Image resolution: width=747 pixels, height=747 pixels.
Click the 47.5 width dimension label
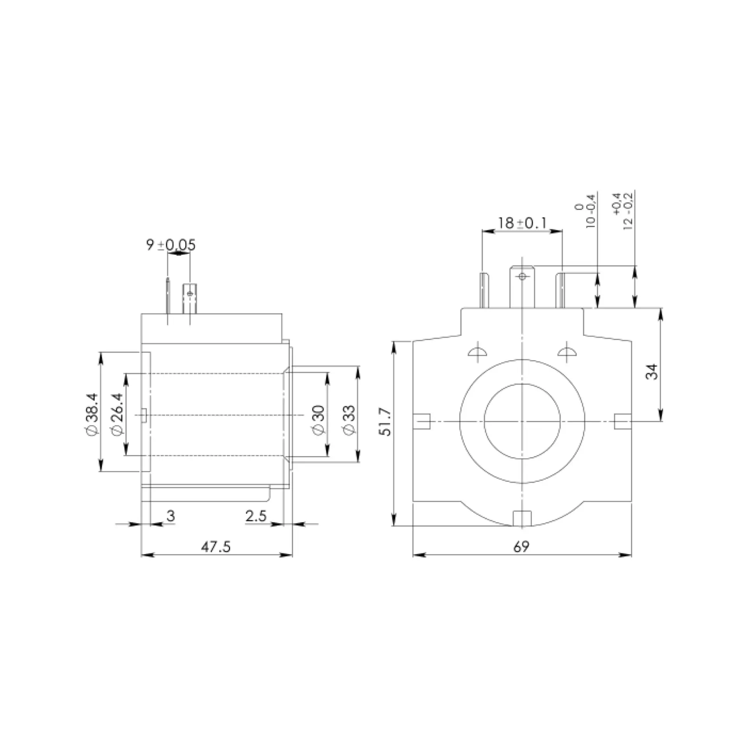(216, 547)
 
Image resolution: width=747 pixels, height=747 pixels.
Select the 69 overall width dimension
(521, 547)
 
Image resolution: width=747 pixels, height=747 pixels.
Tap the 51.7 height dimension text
(387, 422)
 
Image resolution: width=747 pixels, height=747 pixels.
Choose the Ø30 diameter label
(318, 420)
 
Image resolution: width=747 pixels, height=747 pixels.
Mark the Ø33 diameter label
(349, 420)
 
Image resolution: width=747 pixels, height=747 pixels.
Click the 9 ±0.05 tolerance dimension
(171, 245)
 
